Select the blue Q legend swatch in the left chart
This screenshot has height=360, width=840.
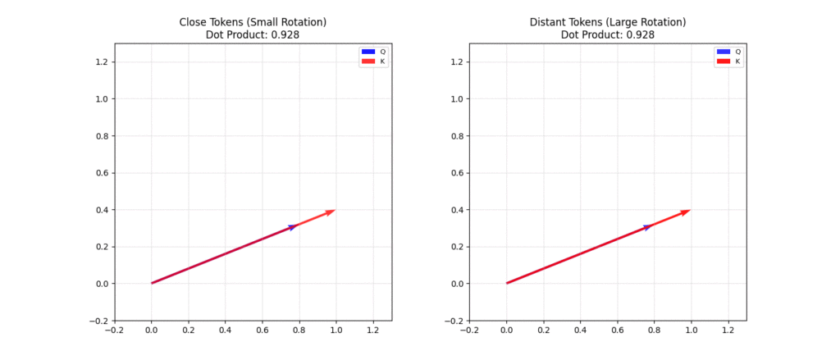[x=368, y=52]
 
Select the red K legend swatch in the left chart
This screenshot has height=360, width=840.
[x=368, y=62]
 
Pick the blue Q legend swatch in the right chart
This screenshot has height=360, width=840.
[x=724, y=52]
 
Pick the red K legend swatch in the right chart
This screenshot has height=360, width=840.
[x=724, y=62]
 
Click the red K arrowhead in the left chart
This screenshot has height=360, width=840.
[x=331, y=212]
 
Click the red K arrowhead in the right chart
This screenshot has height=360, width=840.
[x=686, y=212]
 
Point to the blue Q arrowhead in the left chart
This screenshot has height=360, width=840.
[x=292, y=227]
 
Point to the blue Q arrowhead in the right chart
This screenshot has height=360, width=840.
[x=647, y=227]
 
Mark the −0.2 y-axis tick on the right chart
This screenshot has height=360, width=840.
[x=455, y=321]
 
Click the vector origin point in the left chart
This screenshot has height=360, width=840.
[x=152, y=284]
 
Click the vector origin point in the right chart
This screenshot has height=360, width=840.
[x=507, y=284]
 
